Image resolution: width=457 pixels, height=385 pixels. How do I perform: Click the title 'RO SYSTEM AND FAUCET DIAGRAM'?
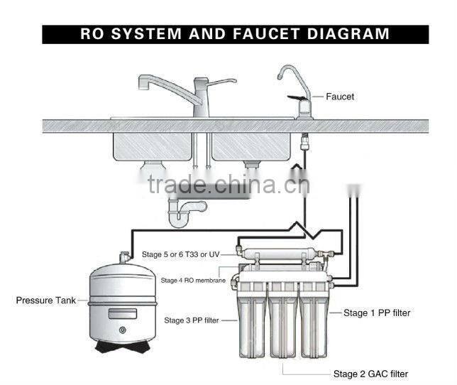235,34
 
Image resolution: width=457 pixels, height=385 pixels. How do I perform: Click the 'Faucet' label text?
340,96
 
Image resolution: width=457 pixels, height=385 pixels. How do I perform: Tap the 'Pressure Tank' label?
45,300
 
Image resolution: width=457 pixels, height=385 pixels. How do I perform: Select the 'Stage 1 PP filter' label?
376,313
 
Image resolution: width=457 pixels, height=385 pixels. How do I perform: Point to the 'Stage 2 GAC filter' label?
370,374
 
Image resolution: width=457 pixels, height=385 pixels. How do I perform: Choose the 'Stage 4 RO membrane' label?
193,281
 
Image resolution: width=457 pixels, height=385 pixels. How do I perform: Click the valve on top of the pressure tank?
123,254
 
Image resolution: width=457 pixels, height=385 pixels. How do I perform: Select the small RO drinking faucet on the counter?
298,92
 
